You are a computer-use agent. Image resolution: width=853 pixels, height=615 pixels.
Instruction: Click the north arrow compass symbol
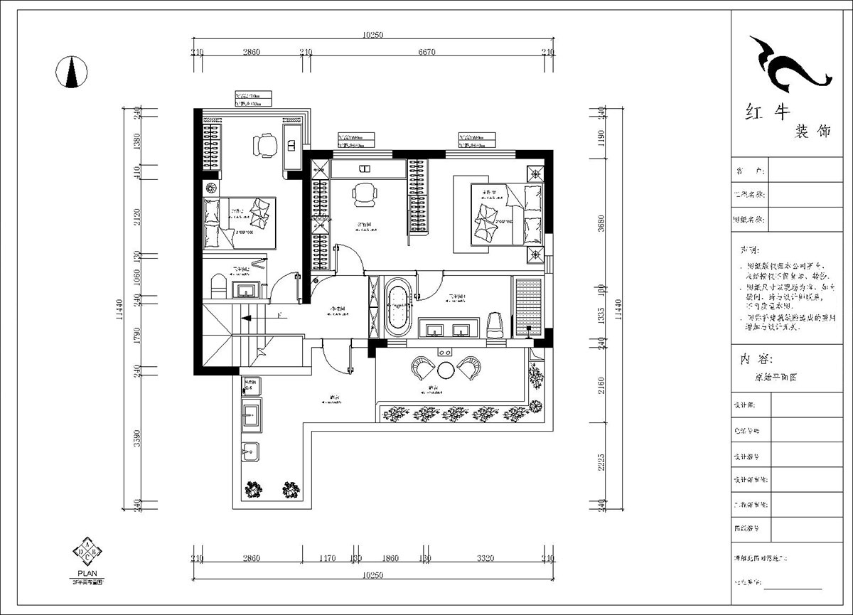71,71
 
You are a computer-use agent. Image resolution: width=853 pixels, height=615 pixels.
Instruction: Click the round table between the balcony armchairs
446,370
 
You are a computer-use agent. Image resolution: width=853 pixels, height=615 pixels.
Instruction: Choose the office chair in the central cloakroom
364,193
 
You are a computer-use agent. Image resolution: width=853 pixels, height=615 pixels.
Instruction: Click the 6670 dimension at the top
426,52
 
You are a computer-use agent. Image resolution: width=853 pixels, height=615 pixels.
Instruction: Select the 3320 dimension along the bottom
485,559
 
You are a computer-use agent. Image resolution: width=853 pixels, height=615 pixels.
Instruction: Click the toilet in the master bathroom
495,325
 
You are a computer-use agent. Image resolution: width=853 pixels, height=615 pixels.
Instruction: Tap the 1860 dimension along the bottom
390,559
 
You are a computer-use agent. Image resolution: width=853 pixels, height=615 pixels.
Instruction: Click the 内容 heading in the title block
753,359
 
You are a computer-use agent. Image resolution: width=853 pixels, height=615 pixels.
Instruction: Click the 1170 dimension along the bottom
327,559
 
